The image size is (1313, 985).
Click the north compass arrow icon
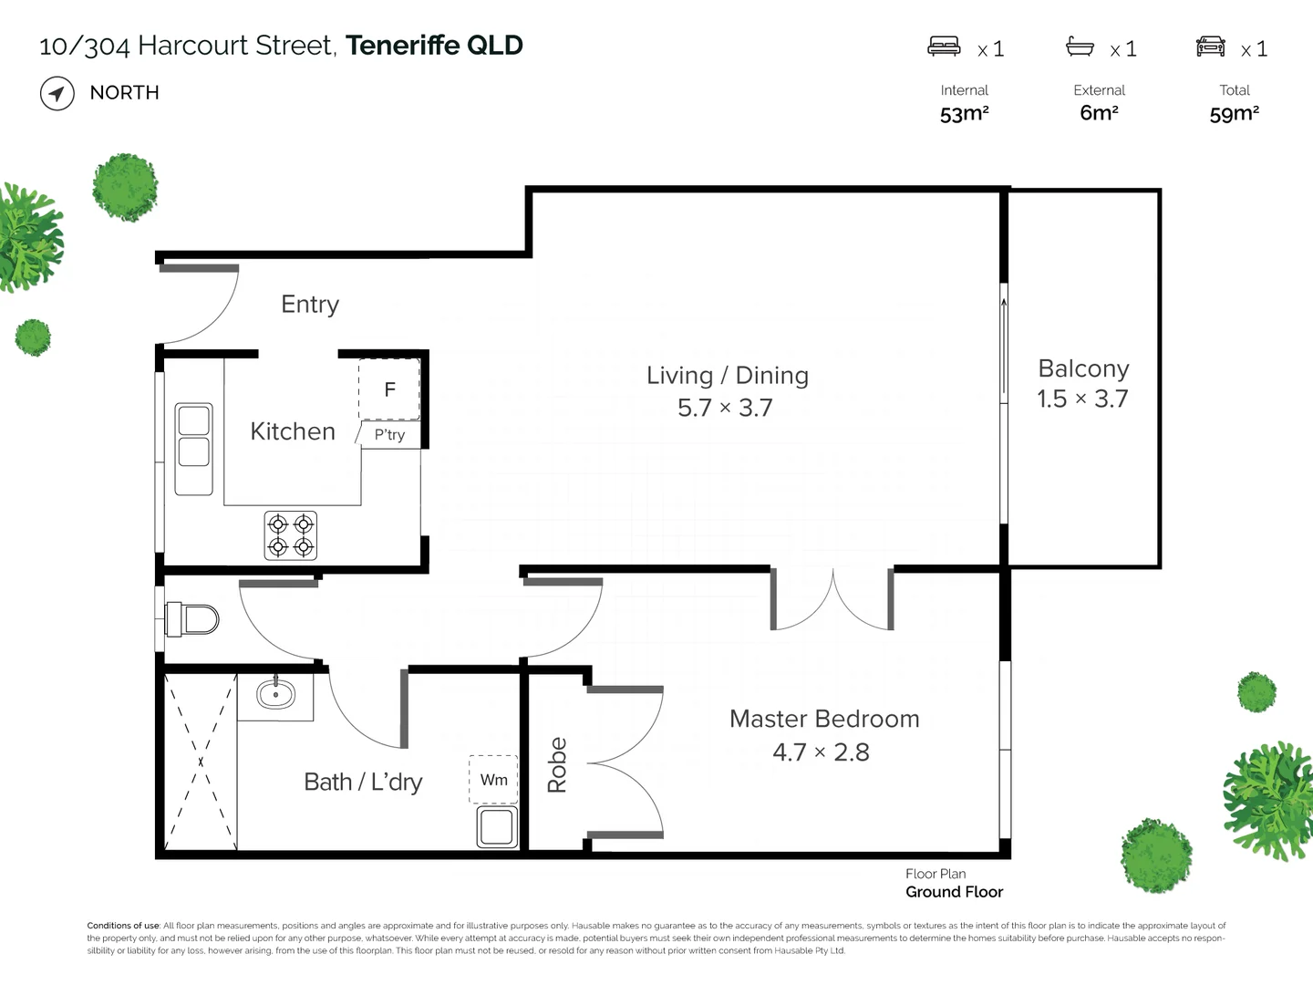point(57,93)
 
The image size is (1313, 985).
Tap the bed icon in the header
point(944,46)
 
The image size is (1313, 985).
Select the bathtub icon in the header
point(1080,47)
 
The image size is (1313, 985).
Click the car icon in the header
point(1210,46)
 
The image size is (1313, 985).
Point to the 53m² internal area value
point(965,113)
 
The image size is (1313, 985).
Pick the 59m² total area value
point(1234,113)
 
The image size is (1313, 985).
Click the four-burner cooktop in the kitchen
point(291,535)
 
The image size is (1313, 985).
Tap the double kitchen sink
point(194,449)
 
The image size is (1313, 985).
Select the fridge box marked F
point(389,389)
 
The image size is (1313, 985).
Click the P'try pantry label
point(389,435)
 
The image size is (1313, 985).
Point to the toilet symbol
point(191,619)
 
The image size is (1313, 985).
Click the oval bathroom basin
point(275,694)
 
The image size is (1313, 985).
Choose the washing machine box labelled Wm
point(493,779)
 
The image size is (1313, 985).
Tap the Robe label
point(557,765)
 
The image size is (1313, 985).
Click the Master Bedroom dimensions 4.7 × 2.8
point(821,752)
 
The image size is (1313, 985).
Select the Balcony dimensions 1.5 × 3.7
point(1082,399)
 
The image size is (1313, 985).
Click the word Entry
point(310,305)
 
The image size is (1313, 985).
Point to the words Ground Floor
point(954,892)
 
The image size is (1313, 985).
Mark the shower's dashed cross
point(201,762)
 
